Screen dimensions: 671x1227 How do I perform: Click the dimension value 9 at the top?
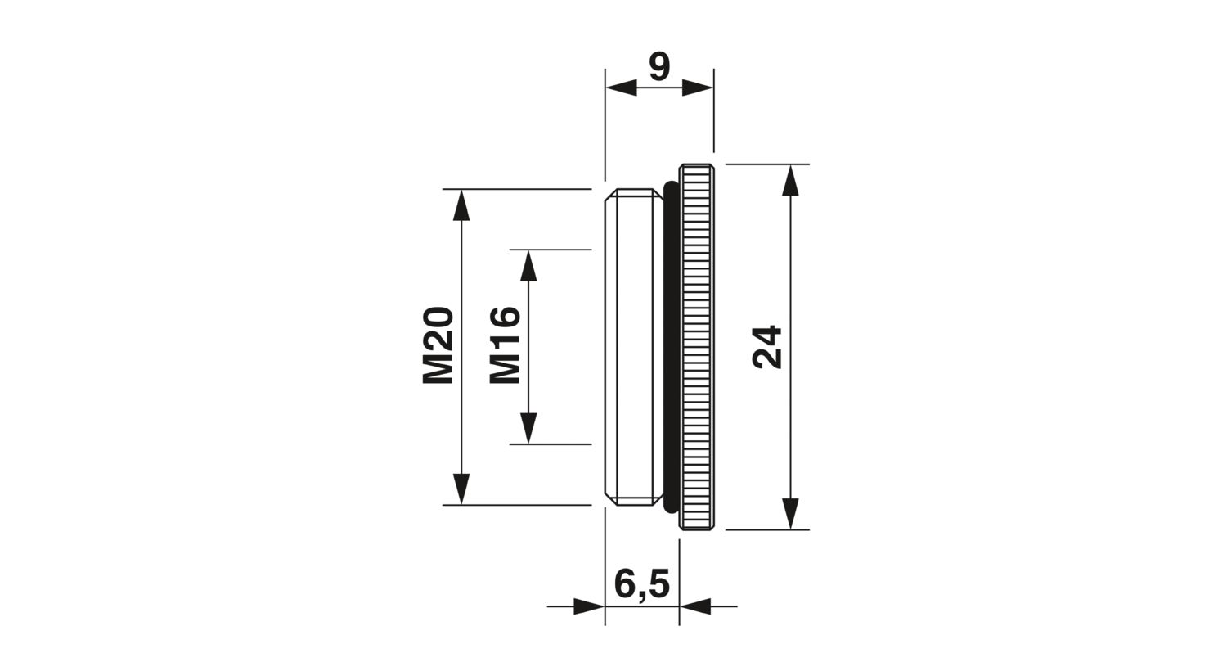click(x=659, y=66)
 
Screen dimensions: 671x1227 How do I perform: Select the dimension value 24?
click(x=768, y=347)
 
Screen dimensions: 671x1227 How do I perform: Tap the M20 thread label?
click(x=438, y=346)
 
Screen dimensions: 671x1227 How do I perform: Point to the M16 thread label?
click(x=505, y=345)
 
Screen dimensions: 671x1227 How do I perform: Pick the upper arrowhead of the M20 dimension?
click(x=462, y=205)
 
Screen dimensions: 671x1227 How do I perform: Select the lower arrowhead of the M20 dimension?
click(x=462, y=489)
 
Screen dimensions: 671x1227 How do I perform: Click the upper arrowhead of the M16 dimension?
click(x=528, y=265)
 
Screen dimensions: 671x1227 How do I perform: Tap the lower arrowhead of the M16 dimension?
click(x=528, y=428)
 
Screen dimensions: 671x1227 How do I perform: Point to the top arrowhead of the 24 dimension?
click(x=789, y=180)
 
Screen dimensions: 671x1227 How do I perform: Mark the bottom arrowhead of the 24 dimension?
click(x=789, y=514)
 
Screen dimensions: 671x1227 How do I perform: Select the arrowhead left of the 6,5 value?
click(x=589, y=606)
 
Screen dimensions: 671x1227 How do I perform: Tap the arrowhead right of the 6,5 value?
click(x=695, y=606)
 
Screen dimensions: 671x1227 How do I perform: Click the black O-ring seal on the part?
click(x=671, y=347)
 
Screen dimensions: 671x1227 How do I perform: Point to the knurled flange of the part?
click(x=697, y=347)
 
